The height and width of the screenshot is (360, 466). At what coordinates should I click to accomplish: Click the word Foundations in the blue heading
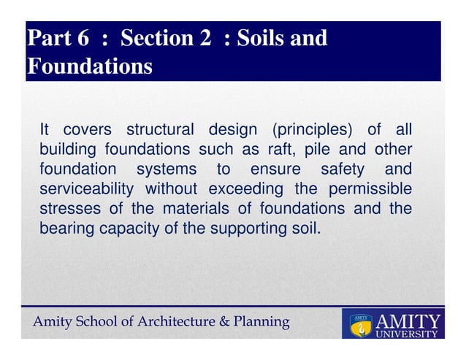(x=89, y=66)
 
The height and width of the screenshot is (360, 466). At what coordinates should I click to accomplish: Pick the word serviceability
(x=86, y=189)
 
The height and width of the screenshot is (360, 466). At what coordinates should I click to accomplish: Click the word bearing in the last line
(x=64, y=228)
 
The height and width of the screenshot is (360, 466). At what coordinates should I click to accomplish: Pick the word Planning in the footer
(x=261, y=321)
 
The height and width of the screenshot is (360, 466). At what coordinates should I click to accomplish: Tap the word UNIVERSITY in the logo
(x=408, y=334)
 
